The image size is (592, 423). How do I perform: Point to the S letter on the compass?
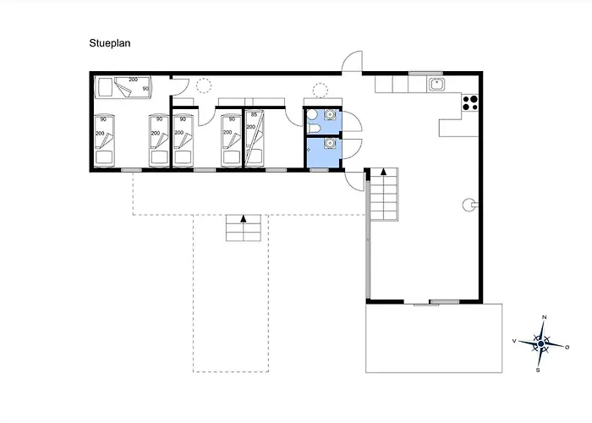tap(539, 370)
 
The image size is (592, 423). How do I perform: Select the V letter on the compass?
tap(514, 341)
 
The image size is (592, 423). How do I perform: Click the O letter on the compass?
tap(567, 347)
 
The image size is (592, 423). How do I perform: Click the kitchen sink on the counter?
tap(436, 83)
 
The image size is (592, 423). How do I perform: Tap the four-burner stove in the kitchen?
tap(469, 105)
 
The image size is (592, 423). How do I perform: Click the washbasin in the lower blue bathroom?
tap(329, 143)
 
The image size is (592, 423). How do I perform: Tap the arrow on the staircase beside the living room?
tap(383, 173)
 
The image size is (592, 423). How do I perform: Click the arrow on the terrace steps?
tap(244, 219)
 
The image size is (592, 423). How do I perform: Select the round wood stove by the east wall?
tap(467, 203)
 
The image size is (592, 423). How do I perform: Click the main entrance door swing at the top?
tap(353, 62)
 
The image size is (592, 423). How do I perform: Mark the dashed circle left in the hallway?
tap(204, 85)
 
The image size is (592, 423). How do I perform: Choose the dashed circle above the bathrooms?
tap(320, 89)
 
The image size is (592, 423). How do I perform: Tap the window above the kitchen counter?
tap(420, 74)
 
